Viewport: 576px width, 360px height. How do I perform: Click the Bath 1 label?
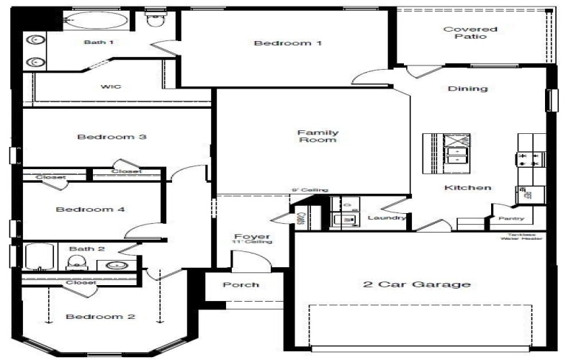99,42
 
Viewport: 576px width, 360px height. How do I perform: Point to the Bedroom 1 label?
287,43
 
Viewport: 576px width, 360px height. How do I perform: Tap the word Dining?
468,89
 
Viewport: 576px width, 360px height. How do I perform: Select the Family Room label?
318,136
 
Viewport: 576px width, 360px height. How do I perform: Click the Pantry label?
512,219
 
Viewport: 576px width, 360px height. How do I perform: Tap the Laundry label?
387,217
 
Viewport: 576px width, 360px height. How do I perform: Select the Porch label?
240,284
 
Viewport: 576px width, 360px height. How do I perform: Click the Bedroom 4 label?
91,210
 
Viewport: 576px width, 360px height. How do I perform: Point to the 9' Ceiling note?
310,190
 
